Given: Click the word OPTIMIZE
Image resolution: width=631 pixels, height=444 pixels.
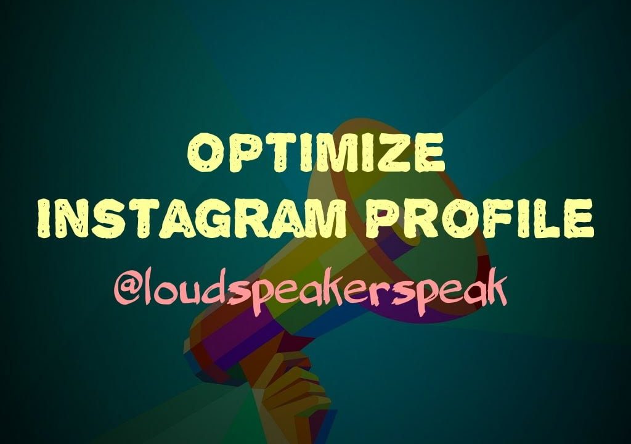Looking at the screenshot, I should click(x=315, y=155).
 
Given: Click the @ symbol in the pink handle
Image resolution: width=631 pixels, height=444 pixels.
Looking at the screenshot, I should click(x=128, y=289).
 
